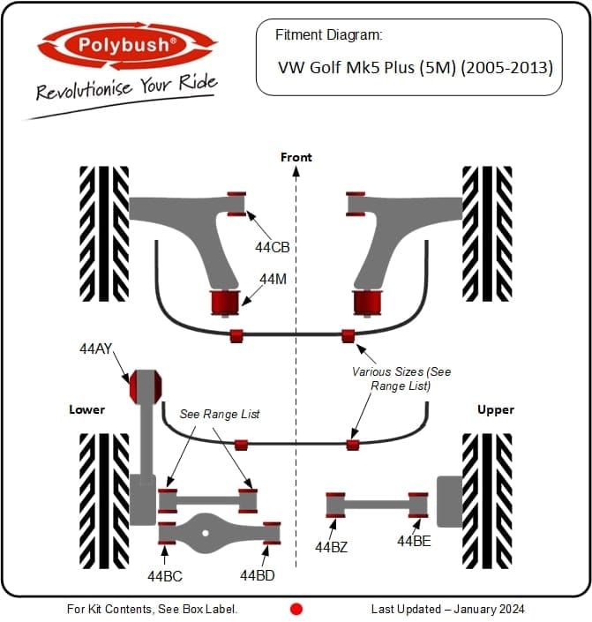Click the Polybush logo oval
coord(126,45)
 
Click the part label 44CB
coord(273,248)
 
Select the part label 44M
coord(273,279)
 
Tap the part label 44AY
coord(96,349)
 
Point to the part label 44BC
coord(165,576)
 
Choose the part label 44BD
coord(258,576)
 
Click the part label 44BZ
coord(331,547)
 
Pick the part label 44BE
coord(414,541)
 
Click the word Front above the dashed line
coord(296,157)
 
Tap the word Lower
coord(87,409)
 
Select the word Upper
coord(495,409)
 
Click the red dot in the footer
coord(296,609)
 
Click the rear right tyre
coord(487,499)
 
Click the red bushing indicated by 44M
coord(223,302)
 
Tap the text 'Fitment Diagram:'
coord(328,35)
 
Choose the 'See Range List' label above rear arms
coord(220,414)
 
